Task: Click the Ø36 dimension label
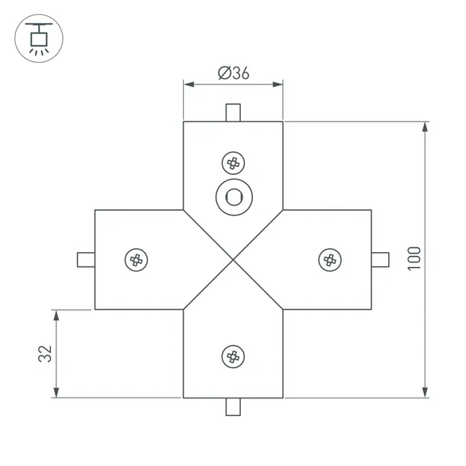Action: pyautogui.click(x=233, y=72)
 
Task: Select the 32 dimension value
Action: pyautogui.click(x=45, y=354)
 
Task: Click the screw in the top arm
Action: pyautogui.click(x=233, y=163)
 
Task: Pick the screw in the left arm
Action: pyautogui.click(x=137, y=259)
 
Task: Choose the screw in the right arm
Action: pyautogui.click(x=329, y=259)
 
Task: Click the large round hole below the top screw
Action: pyautogui.click(x=233, y=196)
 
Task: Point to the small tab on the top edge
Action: pyautogui.click(x=233, y=112)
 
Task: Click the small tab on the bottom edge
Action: pyautogui.click(x=233, y=406)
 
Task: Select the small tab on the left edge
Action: pyautogui.click(x=86, y=259)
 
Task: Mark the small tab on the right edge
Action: pyautogui.click(x=380, y=259)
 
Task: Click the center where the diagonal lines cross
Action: pyautogui.click(x=233, y=259)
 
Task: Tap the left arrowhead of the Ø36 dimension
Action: pyautogui.click(x=188, y=83)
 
